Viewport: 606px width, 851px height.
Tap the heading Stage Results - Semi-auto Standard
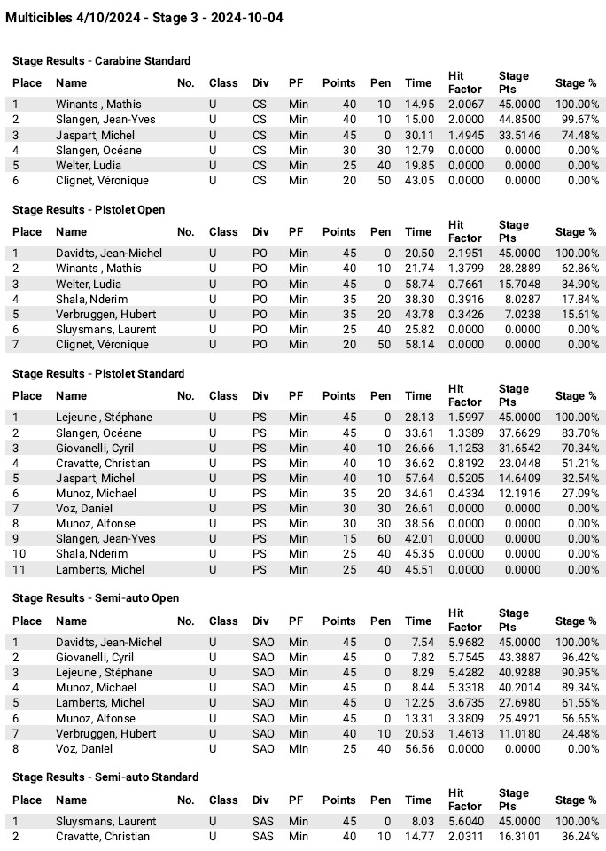tap(105, 777)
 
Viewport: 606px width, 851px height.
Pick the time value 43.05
tap(419, 180)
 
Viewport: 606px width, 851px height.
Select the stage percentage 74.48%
tap(577, 135)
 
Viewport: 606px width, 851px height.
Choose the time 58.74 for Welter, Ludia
tap(419, 284)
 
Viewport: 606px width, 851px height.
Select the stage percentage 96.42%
tap(577, 658)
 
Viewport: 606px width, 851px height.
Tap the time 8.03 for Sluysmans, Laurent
tap(421, 822)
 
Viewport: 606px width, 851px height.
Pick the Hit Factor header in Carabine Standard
tap(465, 82)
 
